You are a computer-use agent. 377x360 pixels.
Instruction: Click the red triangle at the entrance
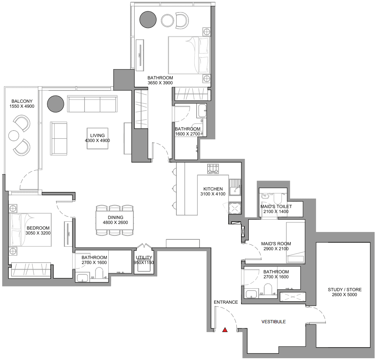pyautogui.click(x=225, y=330)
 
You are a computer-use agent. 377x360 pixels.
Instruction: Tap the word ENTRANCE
pyautogui.click(x=226, y=302)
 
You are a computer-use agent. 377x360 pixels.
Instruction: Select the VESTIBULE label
pyautogui.click(x=274, y=322)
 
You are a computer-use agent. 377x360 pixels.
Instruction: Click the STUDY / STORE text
pyautogui.click(x=345, y=289)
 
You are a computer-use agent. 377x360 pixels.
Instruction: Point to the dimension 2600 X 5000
pyautogui.click(x=345, y=295)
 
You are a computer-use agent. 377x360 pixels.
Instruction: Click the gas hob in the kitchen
pyautogui.click(x=213, y=169)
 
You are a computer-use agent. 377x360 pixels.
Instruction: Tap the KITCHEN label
pyautogui.click(x=213, y=189)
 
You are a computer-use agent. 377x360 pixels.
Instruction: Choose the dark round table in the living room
pyautogui.click(x=55, y=104)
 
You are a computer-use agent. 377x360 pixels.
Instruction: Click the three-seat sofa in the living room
pyautogui.click(x=92, y=104)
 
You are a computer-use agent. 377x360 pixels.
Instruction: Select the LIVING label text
pyautogui.click(x=97, y=135)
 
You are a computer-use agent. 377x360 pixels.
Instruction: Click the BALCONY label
pyautogui.click(x=22, y=101)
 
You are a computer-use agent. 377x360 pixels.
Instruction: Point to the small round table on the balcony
pyautogui.click(x=14, y=136)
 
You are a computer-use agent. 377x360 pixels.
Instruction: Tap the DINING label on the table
pyautogui.click(x=115, y=218)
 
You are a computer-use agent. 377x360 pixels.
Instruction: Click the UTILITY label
pyautogui.click(x=144, y=257)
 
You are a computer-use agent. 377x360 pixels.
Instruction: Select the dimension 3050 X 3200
pyautogui.click(x=38, y=233)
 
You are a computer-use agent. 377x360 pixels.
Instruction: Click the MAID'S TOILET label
pyautogui.click(x=276, y=206)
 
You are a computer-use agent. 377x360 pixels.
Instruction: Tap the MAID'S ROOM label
pyautogui.click(x=276, y=244)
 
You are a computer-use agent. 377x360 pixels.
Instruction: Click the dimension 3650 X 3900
pyautogui.click(x=160, y=83)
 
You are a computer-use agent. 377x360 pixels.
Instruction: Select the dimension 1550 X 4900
pyautogui.click(x=22, y=106)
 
